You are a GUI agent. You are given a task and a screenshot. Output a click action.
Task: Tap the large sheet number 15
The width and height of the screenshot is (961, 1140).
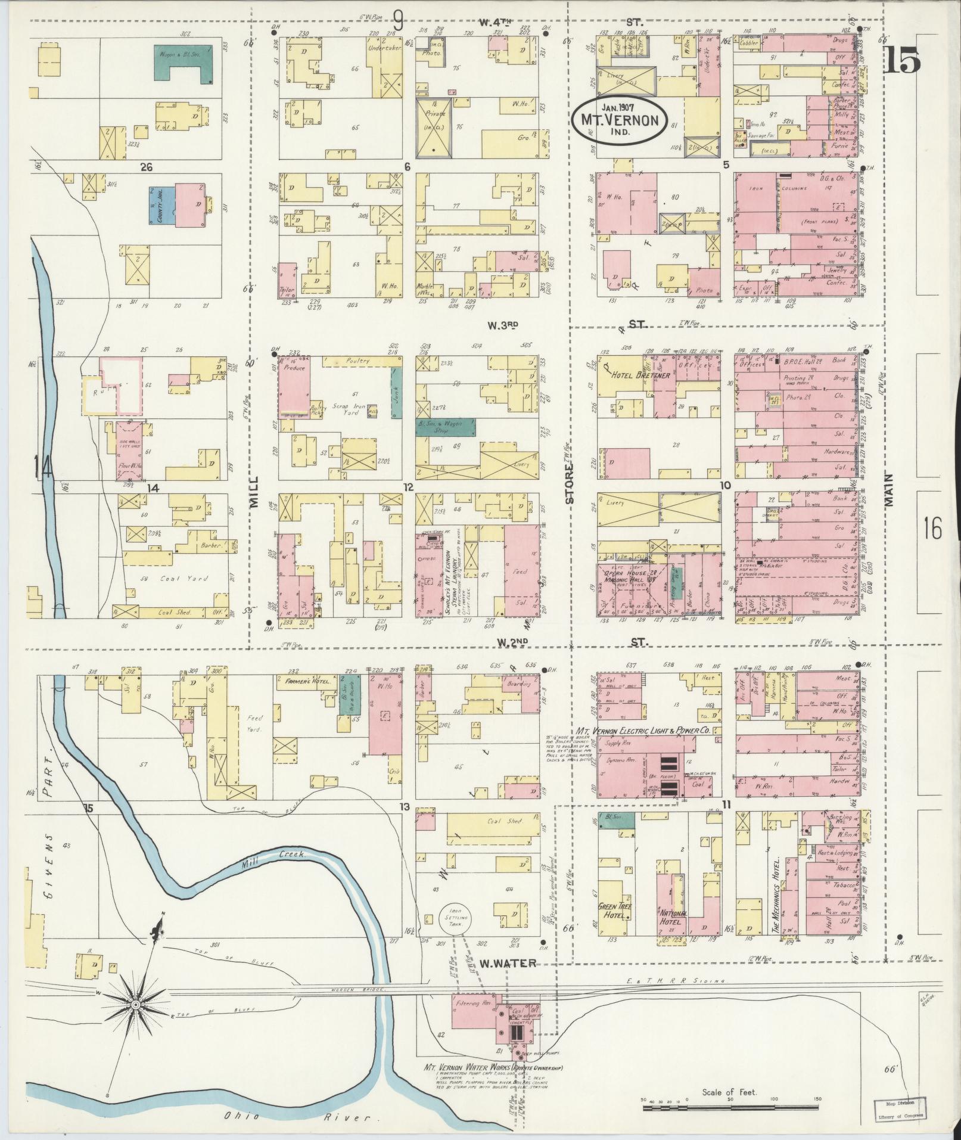coord(902,60)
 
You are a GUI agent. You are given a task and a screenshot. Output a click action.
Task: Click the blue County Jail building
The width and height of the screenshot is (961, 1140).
coord(161,205)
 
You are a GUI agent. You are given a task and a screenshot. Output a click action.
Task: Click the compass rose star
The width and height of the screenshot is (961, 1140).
coord(136,1004)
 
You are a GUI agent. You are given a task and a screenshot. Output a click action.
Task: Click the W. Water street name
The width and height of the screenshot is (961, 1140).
coord(508,963)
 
